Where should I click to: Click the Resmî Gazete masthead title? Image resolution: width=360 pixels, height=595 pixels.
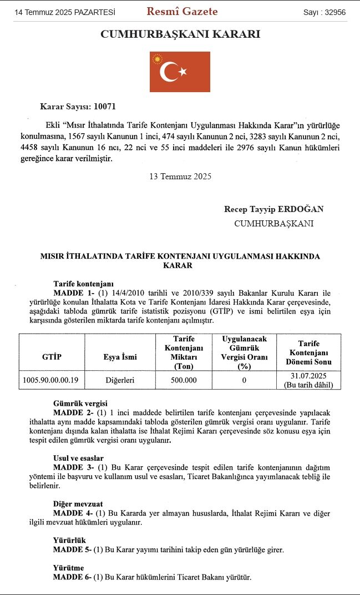click(x=182, y=12)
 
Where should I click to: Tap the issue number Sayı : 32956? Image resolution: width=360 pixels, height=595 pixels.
click(x=324, y=12)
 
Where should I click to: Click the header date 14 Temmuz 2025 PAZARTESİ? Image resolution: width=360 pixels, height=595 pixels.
click(x=64, y=12)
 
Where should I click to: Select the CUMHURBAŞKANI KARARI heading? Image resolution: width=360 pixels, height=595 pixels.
click(x=180, y=34)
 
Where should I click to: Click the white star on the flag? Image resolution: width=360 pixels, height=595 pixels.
click(x=182, y=72)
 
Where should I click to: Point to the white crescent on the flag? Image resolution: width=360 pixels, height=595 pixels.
click(x=168, y=72)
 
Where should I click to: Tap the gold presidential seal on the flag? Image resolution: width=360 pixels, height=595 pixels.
click(x=158, y=58)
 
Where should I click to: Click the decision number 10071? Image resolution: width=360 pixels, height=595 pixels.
click(x=105, y=107)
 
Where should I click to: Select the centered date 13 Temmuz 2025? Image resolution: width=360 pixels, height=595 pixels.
click(x=180, y=177)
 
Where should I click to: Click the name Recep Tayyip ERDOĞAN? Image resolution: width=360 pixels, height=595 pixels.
click(x=273, y=209)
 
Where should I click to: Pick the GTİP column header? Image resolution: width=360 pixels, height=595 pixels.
click(x=52, y=357)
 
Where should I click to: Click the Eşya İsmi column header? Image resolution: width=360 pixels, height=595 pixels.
click(x=120, y=357)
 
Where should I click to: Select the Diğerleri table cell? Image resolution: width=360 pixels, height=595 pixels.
click(x=120, y=380)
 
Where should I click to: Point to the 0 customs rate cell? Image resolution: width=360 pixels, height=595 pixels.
click(x=244, y=380)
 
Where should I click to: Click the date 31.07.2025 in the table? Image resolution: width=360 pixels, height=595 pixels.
click(x=308, y=376)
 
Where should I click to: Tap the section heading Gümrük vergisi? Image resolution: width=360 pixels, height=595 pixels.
click(x=80, y=404)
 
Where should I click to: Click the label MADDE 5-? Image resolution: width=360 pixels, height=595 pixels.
click(x=72, y=549)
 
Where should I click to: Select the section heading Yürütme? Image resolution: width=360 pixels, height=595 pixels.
click(x=68, y=568)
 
